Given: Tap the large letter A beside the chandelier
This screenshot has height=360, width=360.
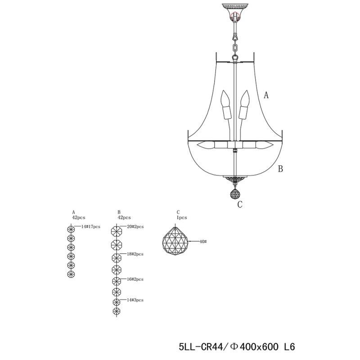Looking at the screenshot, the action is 266,95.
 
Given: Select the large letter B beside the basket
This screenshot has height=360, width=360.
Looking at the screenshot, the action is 280,169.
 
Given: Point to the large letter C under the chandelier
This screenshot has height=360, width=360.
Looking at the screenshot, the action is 240,204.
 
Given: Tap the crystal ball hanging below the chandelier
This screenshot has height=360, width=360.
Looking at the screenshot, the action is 235,193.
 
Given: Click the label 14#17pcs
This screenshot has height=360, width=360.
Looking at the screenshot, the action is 91,227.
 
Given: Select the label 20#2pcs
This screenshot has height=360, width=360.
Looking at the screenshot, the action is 135,227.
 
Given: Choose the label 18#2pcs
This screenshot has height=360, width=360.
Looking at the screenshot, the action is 135,254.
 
